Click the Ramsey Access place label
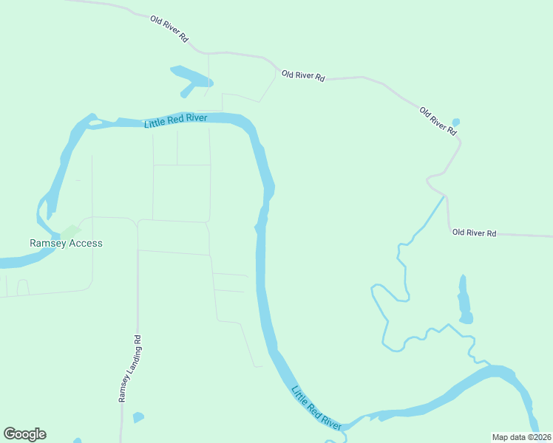(x=66, y=243)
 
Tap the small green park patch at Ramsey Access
(x=69, y=232)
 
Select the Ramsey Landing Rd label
(x=128, y=368)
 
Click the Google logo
(x=25, y=434)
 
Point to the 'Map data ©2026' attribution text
(x=522, y=436)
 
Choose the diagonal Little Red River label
(x=316, y=408)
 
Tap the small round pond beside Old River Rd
(x=455, y=122)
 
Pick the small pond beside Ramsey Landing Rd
(x=138, y=418)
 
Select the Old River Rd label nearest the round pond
(x=438, y=120)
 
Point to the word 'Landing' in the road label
(x=129, y=367)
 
